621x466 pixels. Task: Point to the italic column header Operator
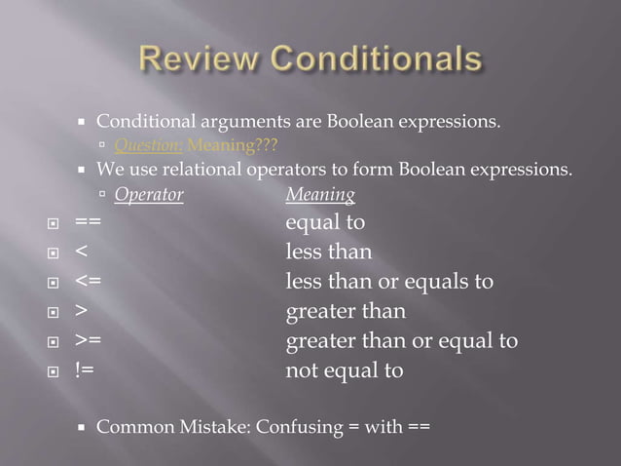[149, 194]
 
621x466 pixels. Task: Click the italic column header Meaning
[320, 194]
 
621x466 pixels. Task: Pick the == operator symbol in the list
[89, 223]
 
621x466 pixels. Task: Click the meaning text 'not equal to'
[344, 371]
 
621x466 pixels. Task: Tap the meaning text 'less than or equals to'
[389, 283]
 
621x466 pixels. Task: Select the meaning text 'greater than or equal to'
[401, 342]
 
